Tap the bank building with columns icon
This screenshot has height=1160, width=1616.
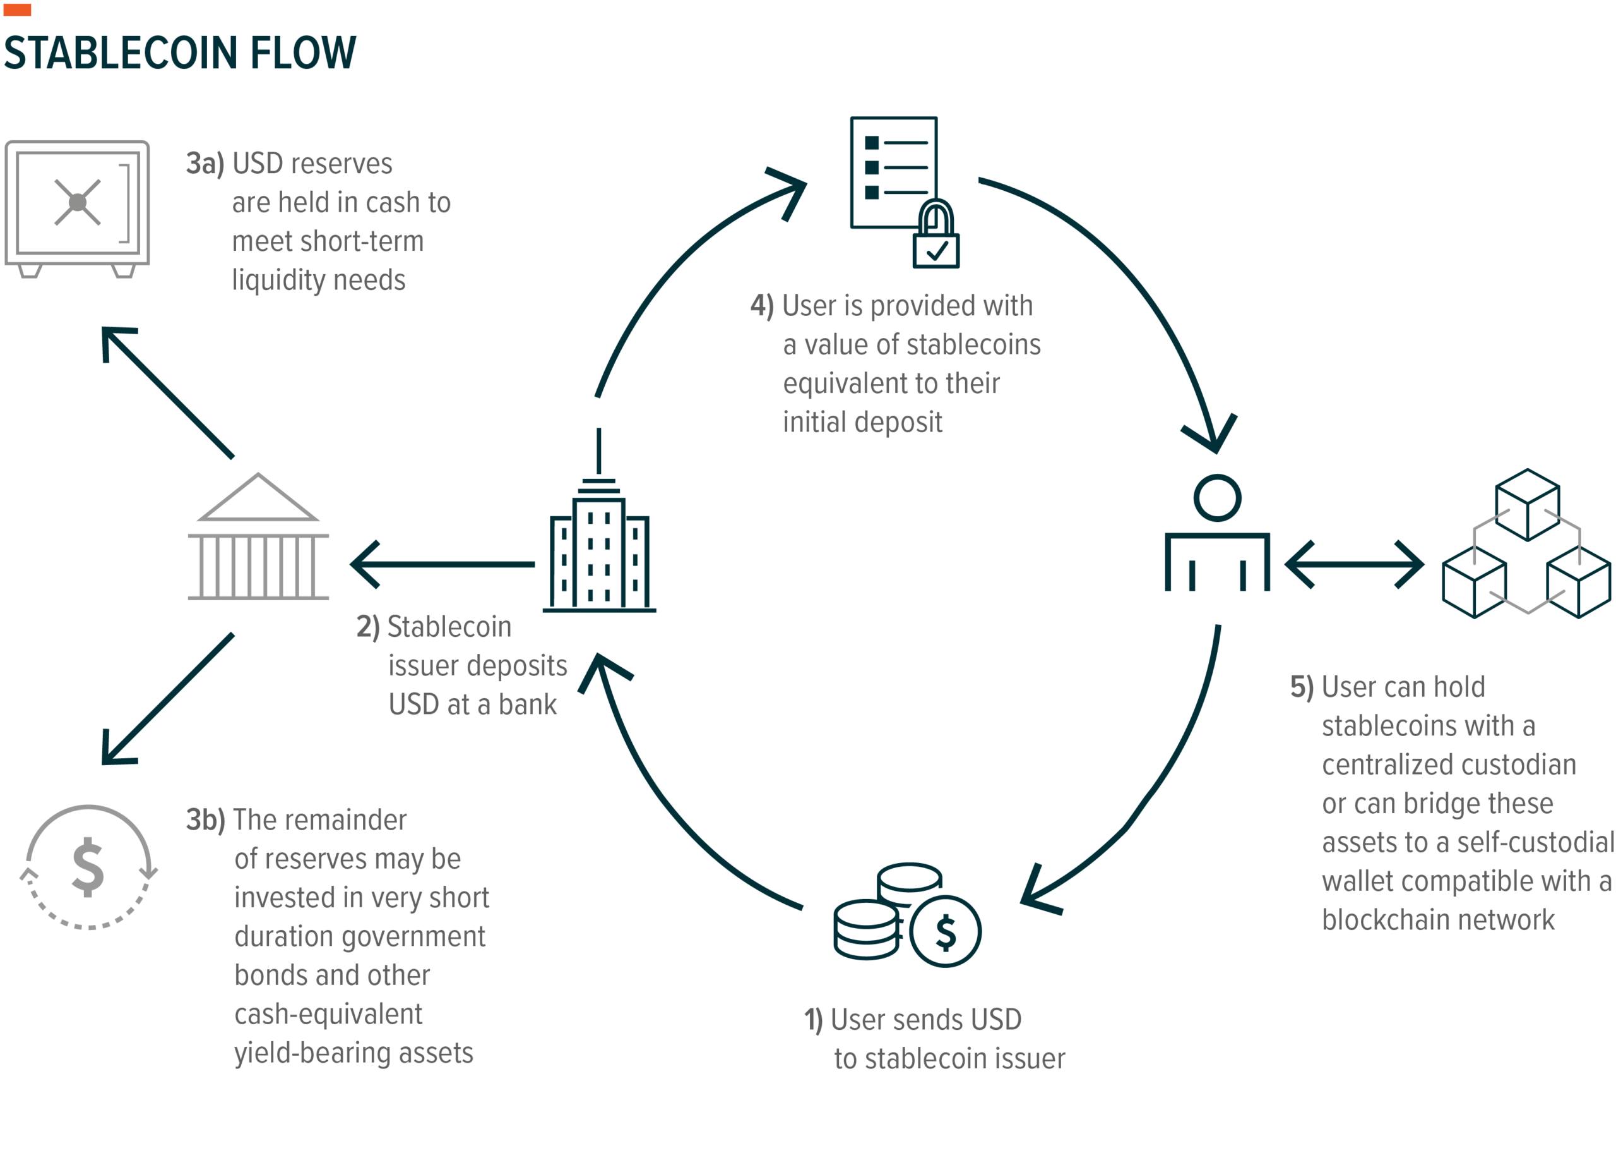tap(258, 538)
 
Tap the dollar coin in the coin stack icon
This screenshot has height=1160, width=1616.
tap(945, 931)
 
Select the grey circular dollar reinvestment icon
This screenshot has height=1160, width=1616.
tap(88, 866)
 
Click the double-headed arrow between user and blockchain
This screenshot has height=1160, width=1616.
tap(1354, 564)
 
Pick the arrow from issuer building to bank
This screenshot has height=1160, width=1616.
tap(442, 564)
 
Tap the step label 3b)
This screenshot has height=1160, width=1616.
tap(205, 820)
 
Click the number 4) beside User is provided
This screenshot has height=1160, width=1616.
tap(761, 306)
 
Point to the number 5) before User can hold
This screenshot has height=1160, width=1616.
tap(1301, 687)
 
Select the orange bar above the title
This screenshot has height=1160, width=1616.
tap(17, 9)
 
